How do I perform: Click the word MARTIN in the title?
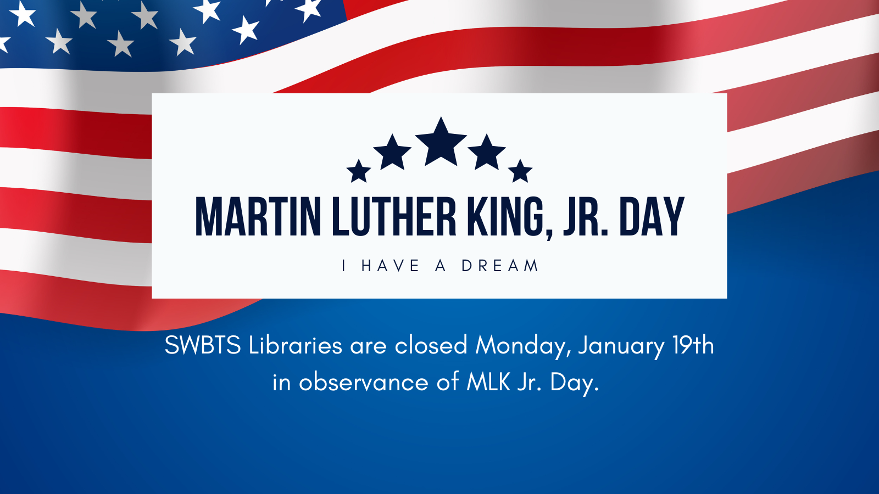click(x=258, y=217)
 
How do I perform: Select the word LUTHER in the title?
click(x=394, y=217)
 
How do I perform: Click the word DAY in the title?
click(x=652, y=217)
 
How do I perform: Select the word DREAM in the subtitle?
click(x=499, y=266)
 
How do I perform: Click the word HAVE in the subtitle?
click(x=391, y=266)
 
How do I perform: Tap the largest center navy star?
click(x=441, y=143)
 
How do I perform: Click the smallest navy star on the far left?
click(x=359, y=172)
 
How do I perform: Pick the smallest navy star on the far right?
click(x=520, y=172)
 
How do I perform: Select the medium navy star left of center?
click(x=392, y=153)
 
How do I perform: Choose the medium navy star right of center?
click(x=487, y=153)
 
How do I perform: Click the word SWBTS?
click(x=203, y=346)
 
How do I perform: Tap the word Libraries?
click(x=296, y=345)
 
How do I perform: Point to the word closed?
click(x=431, y=345)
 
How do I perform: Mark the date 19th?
click(x=693, y=345)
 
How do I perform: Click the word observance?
click(x=363, y=382)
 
